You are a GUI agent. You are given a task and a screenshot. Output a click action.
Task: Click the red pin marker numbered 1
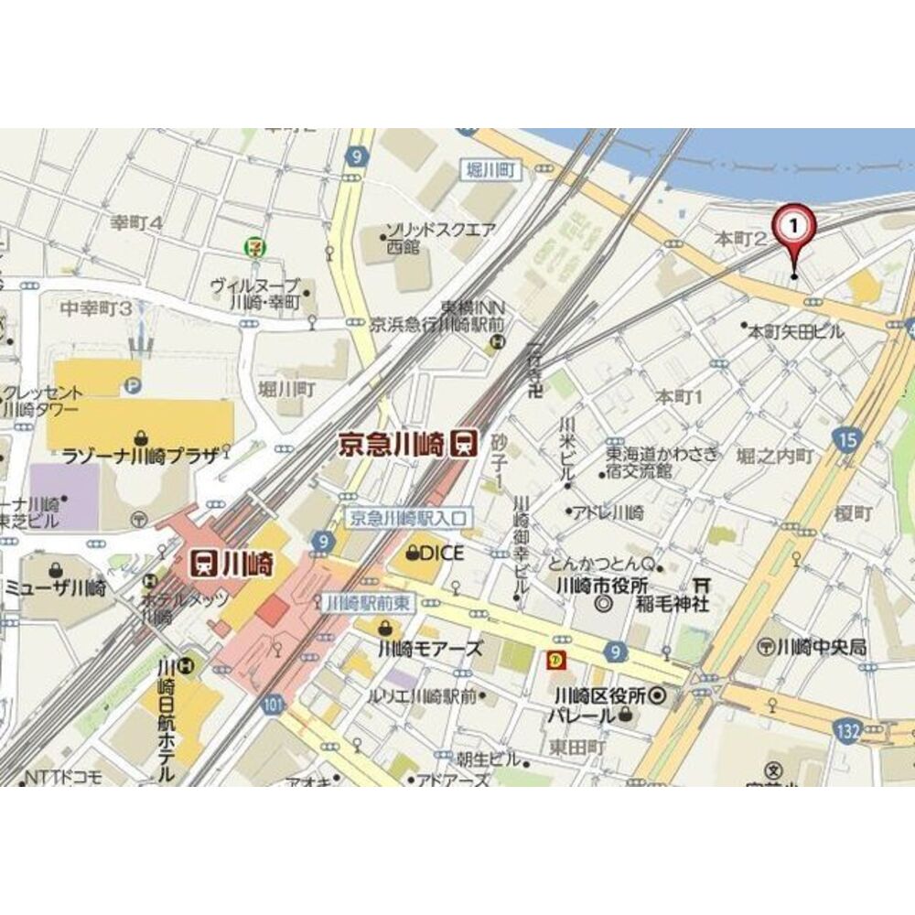coord(793,229)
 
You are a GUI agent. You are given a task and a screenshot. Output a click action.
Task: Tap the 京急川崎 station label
coord(393,445)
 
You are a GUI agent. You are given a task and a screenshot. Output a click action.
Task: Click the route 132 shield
coord(847,729)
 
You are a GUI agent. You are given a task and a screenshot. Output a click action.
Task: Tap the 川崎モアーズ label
coord(429,648)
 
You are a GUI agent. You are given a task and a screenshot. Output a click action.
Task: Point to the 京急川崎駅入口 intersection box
coord(409,517)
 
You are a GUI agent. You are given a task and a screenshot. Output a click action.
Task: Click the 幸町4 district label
coord(136,221)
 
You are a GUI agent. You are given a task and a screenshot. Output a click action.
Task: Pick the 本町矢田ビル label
coord(797,331)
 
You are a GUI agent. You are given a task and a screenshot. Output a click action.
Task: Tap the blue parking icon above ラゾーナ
coord(134,387)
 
